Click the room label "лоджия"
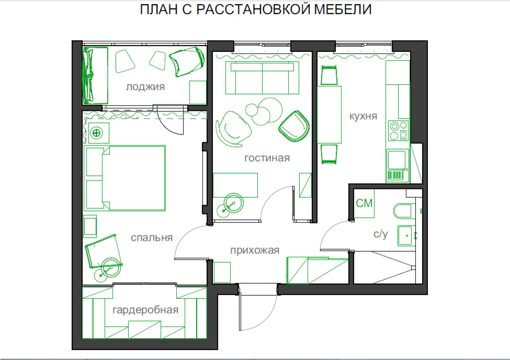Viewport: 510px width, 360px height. tap(145, 87)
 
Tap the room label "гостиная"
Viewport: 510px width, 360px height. tap(267, 158)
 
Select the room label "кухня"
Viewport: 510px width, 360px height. tap(362, 116)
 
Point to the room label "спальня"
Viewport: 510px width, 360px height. tap(152, 238)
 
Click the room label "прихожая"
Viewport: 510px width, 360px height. tap(255, 250)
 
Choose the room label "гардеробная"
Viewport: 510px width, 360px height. tap(145, 310)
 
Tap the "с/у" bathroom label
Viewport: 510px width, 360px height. tap(380, 234)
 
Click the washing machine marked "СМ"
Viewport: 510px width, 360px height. tap(364, 203)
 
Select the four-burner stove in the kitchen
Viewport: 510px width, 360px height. tap(398, 130)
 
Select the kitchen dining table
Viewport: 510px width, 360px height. tap(330, 114)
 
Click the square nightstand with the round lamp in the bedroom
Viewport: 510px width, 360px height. tap(97, 133)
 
